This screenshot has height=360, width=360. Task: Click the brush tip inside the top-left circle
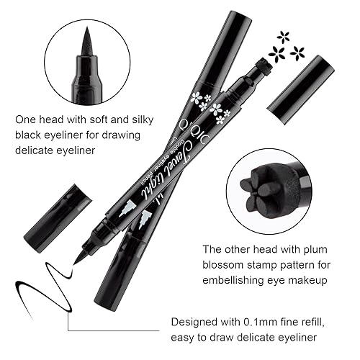coord(87,47)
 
